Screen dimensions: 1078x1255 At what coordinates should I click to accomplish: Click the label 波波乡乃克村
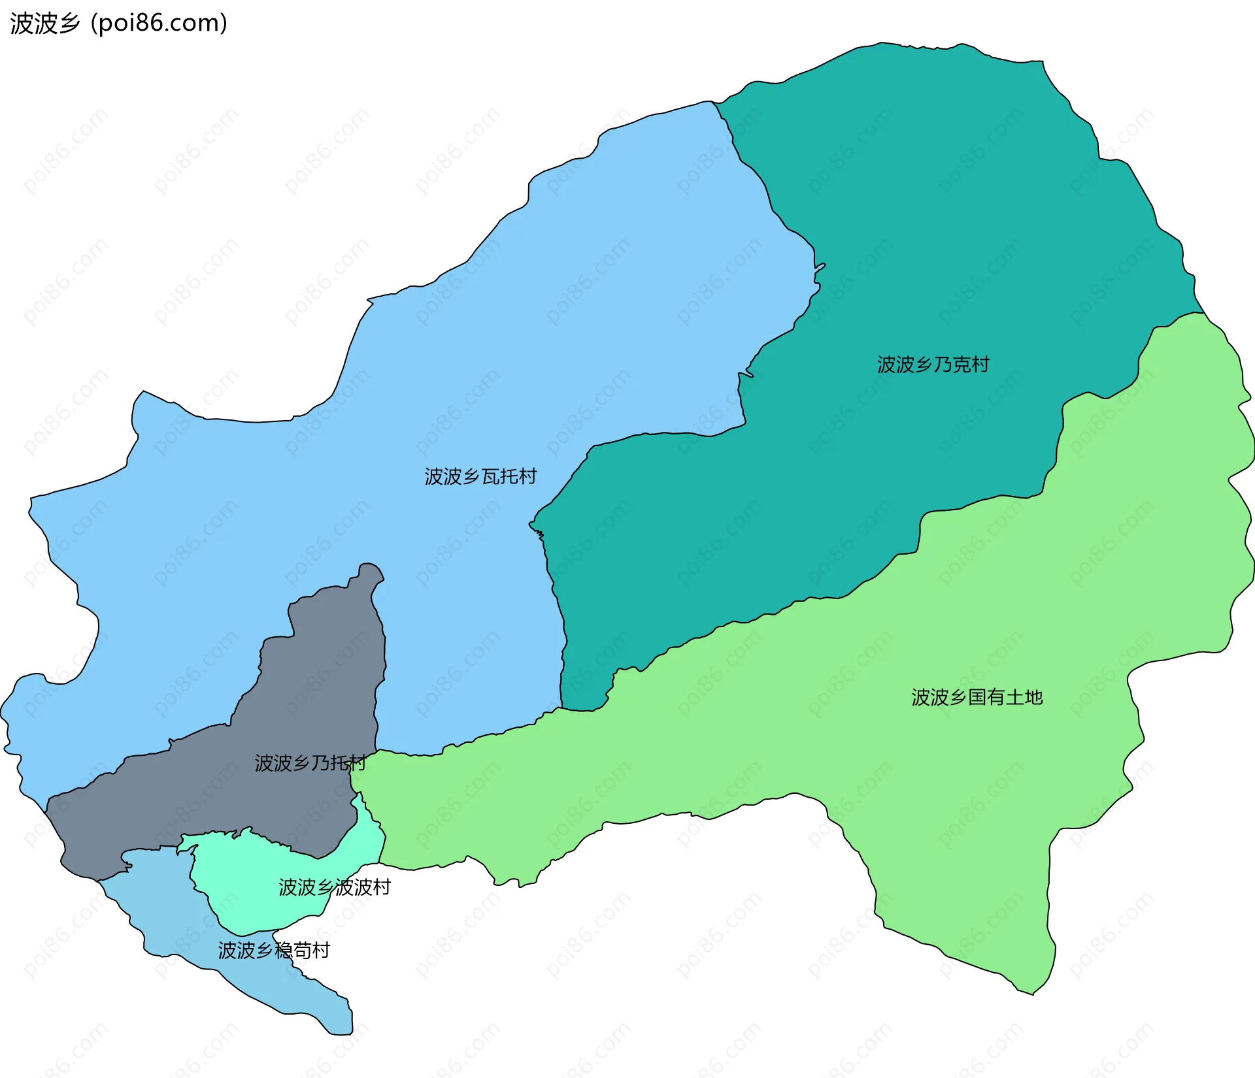(x=933, y=365)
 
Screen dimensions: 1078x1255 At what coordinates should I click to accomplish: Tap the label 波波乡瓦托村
(x=480, y=476)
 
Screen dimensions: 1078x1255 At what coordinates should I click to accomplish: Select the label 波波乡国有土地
(x=977, y=697)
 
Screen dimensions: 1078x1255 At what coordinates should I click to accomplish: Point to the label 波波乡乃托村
(x=310, y=762)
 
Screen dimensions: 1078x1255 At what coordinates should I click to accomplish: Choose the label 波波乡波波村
(x=334, y=887)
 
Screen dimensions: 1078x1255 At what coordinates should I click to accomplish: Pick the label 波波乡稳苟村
(x=274, y=950)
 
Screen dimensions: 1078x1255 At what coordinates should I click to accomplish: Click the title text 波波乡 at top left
(x=45, y=23)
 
